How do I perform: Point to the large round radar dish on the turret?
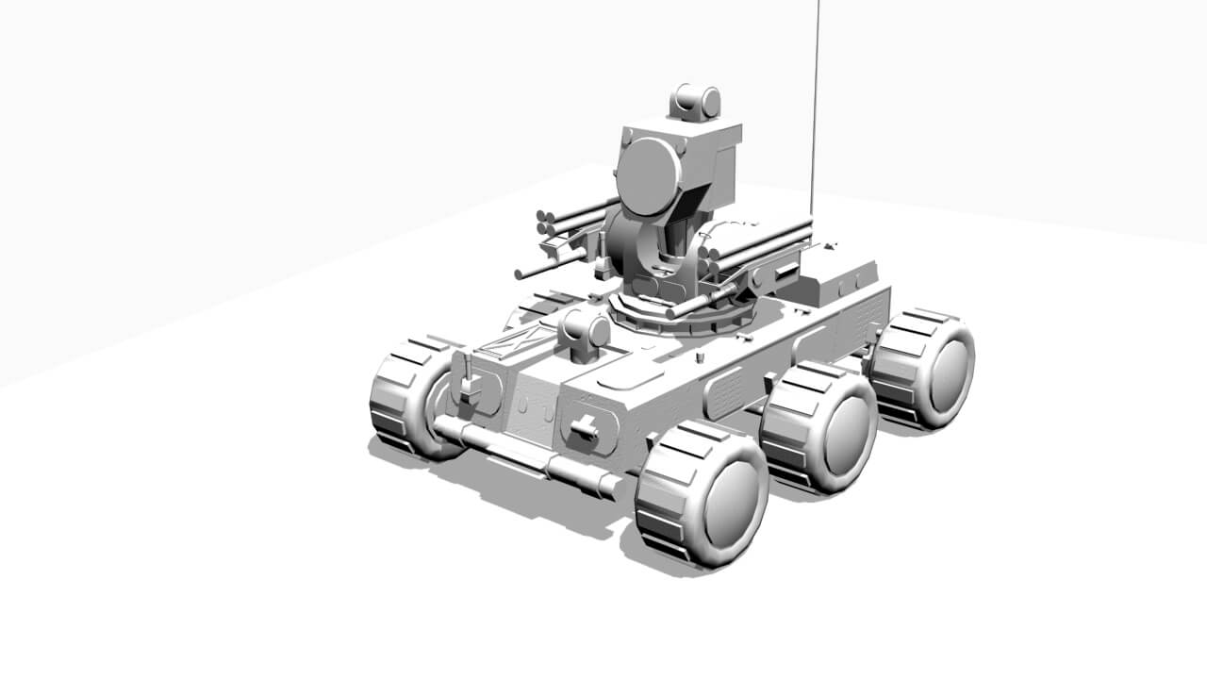click(x=648, y=176)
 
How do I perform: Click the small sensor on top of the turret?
click(x=697, y=102)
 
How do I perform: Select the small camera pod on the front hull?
click(x=584, y=333)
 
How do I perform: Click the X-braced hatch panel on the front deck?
click(x=517, y=341)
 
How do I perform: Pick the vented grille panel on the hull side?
click(x=725, y=392)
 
